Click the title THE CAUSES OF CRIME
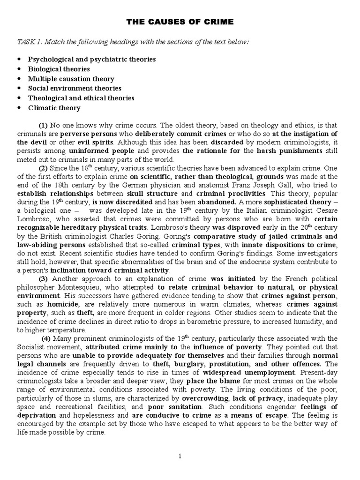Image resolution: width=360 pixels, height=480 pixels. [180, 22]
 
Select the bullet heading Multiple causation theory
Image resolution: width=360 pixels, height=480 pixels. [71, 79]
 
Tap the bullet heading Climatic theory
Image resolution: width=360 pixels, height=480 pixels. [54, 108]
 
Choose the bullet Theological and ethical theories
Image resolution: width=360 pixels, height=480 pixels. [81, 98]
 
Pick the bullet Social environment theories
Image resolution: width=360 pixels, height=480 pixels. [75, 88]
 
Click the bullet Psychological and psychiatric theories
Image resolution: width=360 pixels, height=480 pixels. [92, 60]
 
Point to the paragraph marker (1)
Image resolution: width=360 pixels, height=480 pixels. [43, 125]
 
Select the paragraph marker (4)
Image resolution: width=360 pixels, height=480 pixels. [46, 338]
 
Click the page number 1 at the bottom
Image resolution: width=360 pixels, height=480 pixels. [180, 456]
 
